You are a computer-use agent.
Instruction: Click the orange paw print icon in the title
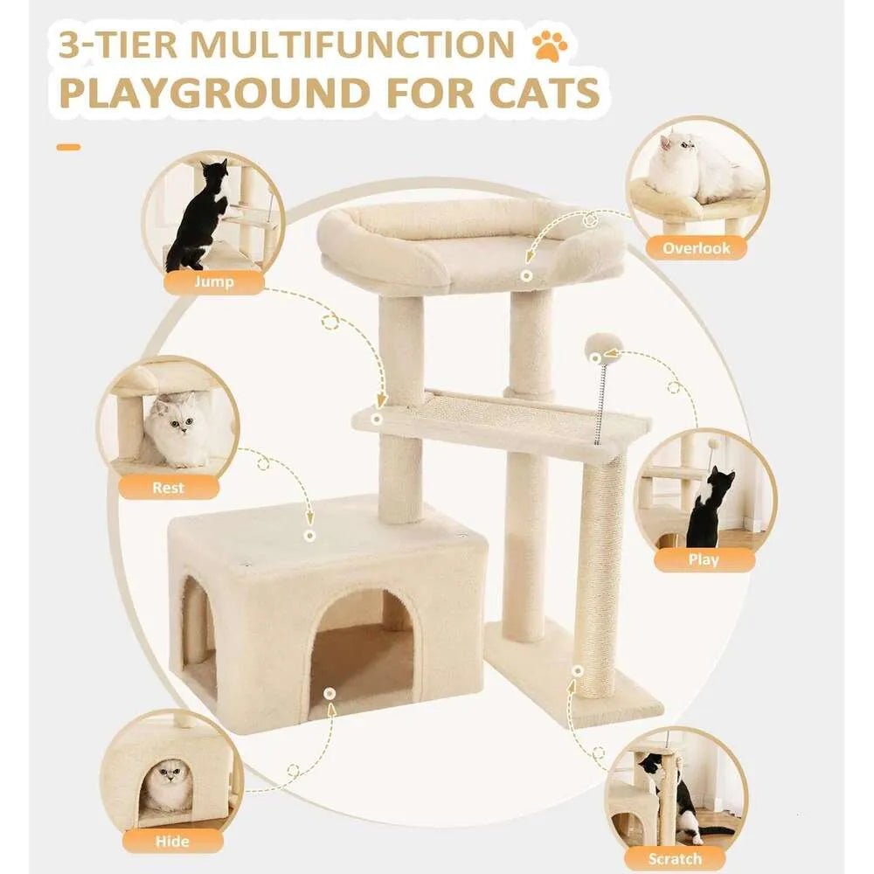(x=549, y=45)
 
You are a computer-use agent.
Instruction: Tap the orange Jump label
(x=213, y=282)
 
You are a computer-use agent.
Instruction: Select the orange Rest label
(x=168, y=487)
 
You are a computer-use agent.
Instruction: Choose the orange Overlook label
(x=696, y=247)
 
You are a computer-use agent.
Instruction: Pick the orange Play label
(x=704, y=559)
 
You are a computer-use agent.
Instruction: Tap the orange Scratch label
(x=676, y=858)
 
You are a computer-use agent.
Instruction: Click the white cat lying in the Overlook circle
(x=696, y=168)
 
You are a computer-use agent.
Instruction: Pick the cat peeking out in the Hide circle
(x=168, y=786)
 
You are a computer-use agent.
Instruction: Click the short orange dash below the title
(x=68, y=147)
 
